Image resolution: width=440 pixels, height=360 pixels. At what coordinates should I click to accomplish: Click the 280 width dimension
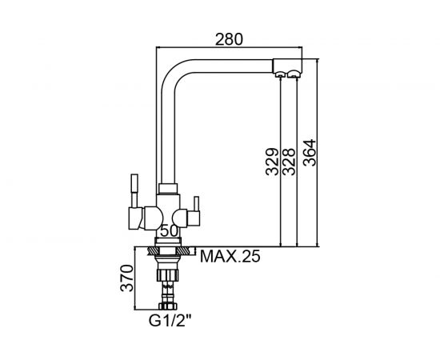tap(229, 39)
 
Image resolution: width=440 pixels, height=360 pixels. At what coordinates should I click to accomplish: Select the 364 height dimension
tap(310, 153)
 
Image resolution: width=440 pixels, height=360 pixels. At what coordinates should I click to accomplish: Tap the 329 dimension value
tap(272, 162)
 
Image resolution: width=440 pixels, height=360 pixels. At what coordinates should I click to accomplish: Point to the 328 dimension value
tap(289, 162)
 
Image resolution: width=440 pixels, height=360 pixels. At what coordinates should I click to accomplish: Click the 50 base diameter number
tap(169, 231)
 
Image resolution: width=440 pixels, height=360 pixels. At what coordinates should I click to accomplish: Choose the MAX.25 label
tap(230, 256)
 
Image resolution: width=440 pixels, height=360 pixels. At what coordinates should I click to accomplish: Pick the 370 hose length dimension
tap(127, 278)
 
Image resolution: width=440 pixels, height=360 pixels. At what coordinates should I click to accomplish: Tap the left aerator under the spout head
tap(280, 74)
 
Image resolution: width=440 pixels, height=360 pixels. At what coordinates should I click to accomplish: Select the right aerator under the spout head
tap(294, 74)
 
